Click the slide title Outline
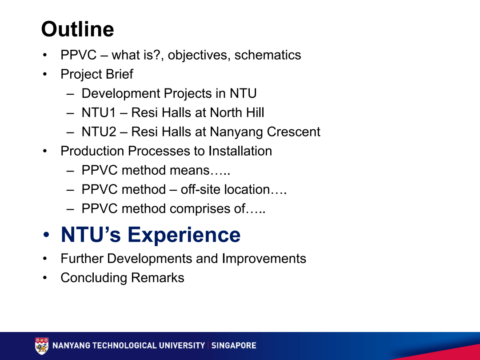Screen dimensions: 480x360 point(77,29)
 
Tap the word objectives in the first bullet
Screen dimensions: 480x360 point(199,56)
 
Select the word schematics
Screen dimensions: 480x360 point(268,55)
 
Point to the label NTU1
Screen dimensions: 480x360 point(99,112)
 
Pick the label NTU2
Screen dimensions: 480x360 point(99,132)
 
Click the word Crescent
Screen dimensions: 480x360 point(294,132)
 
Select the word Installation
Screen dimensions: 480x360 point(240,151)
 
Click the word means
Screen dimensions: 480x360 point(189,171)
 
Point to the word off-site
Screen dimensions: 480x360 point(200,189)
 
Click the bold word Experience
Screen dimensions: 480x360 point(184,235)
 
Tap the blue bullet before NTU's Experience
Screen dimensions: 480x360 point(46,235)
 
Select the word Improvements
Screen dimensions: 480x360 point(264,259)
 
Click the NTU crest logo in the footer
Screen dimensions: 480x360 point(42,346)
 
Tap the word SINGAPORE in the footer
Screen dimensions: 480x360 point(234,346)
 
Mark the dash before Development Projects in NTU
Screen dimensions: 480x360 point(70,94)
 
